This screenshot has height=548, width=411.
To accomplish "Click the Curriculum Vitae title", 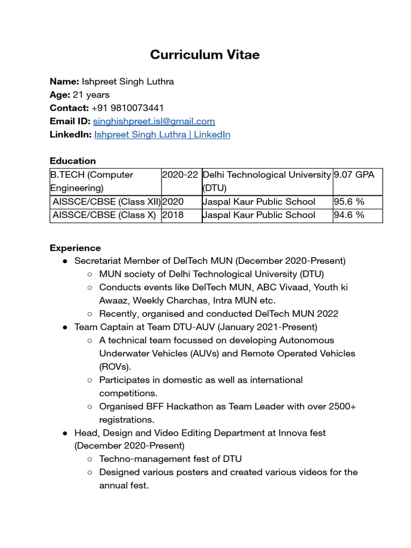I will (205, 55).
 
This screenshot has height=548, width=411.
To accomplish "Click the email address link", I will (154, 121).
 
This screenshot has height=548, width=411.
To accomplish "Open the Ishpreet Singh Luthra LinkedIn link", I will (162, 135).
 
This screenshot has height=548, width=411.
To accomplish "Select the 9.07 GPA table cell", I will (354, 175).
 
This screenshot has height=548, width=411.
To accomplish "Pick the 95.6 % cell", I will (349, 202).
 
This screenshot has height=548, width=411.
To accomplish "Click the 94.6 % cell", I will (349, 215).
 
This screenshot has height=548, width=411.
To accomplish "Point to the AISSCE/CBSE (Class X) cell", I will (104, 215).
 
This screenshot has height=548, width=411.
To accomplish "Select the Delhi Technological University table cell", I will (267, 181).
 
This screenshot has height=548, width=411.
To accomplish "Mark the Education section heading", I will (73, 161).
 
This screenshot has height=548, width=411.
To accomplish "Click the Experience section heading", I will (75, 248).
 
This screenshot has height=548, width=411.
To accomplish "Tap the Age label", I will (60, 95).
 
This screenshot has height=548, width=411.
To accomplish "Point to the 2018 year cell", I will (173, 215).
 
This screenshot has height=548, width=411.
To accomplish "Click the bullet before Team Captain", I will (65, 327).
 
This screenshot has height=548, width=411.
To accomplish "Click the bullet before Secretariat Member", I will (65, 261).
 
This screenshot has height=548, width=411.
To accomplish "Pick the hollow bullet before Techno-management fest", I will (89, 459).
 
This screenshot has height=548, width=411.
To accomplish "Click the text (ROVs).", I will (115, 367).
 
